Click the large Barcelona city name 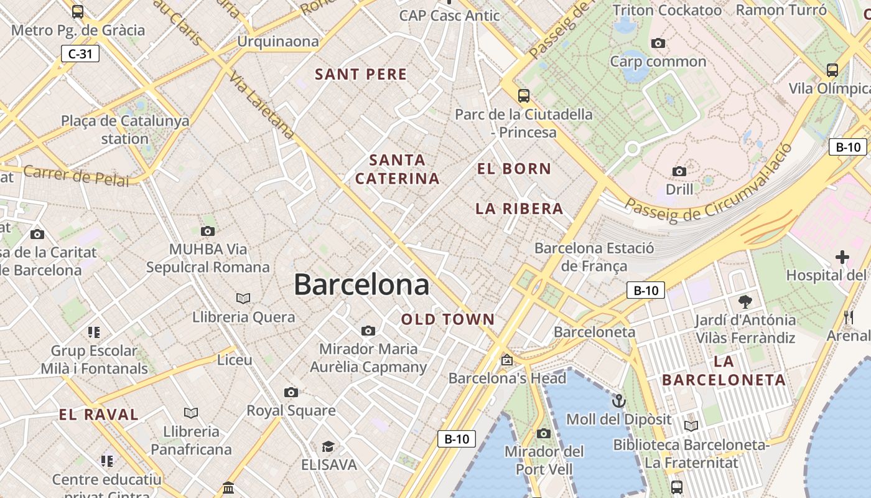[361, 285]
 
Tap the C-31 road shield [80, 54]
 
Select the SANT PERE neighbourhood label [361, 75]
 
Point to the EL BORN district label [514, 169]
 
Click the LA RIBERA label [519, 209]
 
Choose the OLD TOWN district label [448, 320]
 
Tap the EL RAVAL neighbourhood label [99, 415]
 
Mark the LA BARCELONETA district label [724, 371]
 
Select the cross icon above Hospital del [842, 256]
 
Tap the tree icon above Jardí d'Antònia [745, 303]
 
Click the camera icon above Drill [679, 171]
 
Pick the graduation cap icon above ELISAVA [328, 446]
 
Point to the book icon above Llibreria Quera [243, 298]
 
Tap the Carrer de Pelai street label [76, 176]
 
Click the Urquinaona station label [278, 42]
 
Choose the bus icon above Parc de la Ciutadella [524, 96]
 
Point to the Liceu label [235, 360]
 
